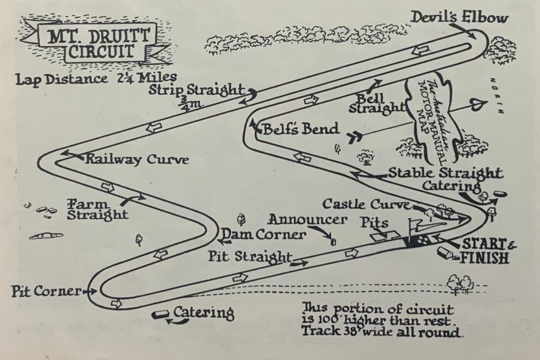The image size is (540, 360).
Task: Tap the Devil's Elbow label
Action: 459,18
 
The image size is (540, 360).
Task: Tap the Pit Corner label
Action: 47,290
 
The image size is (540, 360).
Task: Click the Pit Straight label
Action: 250,257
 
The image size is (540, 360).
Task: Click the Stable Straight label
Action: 445,173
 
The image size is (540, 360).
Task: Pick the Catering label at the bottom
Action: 204,313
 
